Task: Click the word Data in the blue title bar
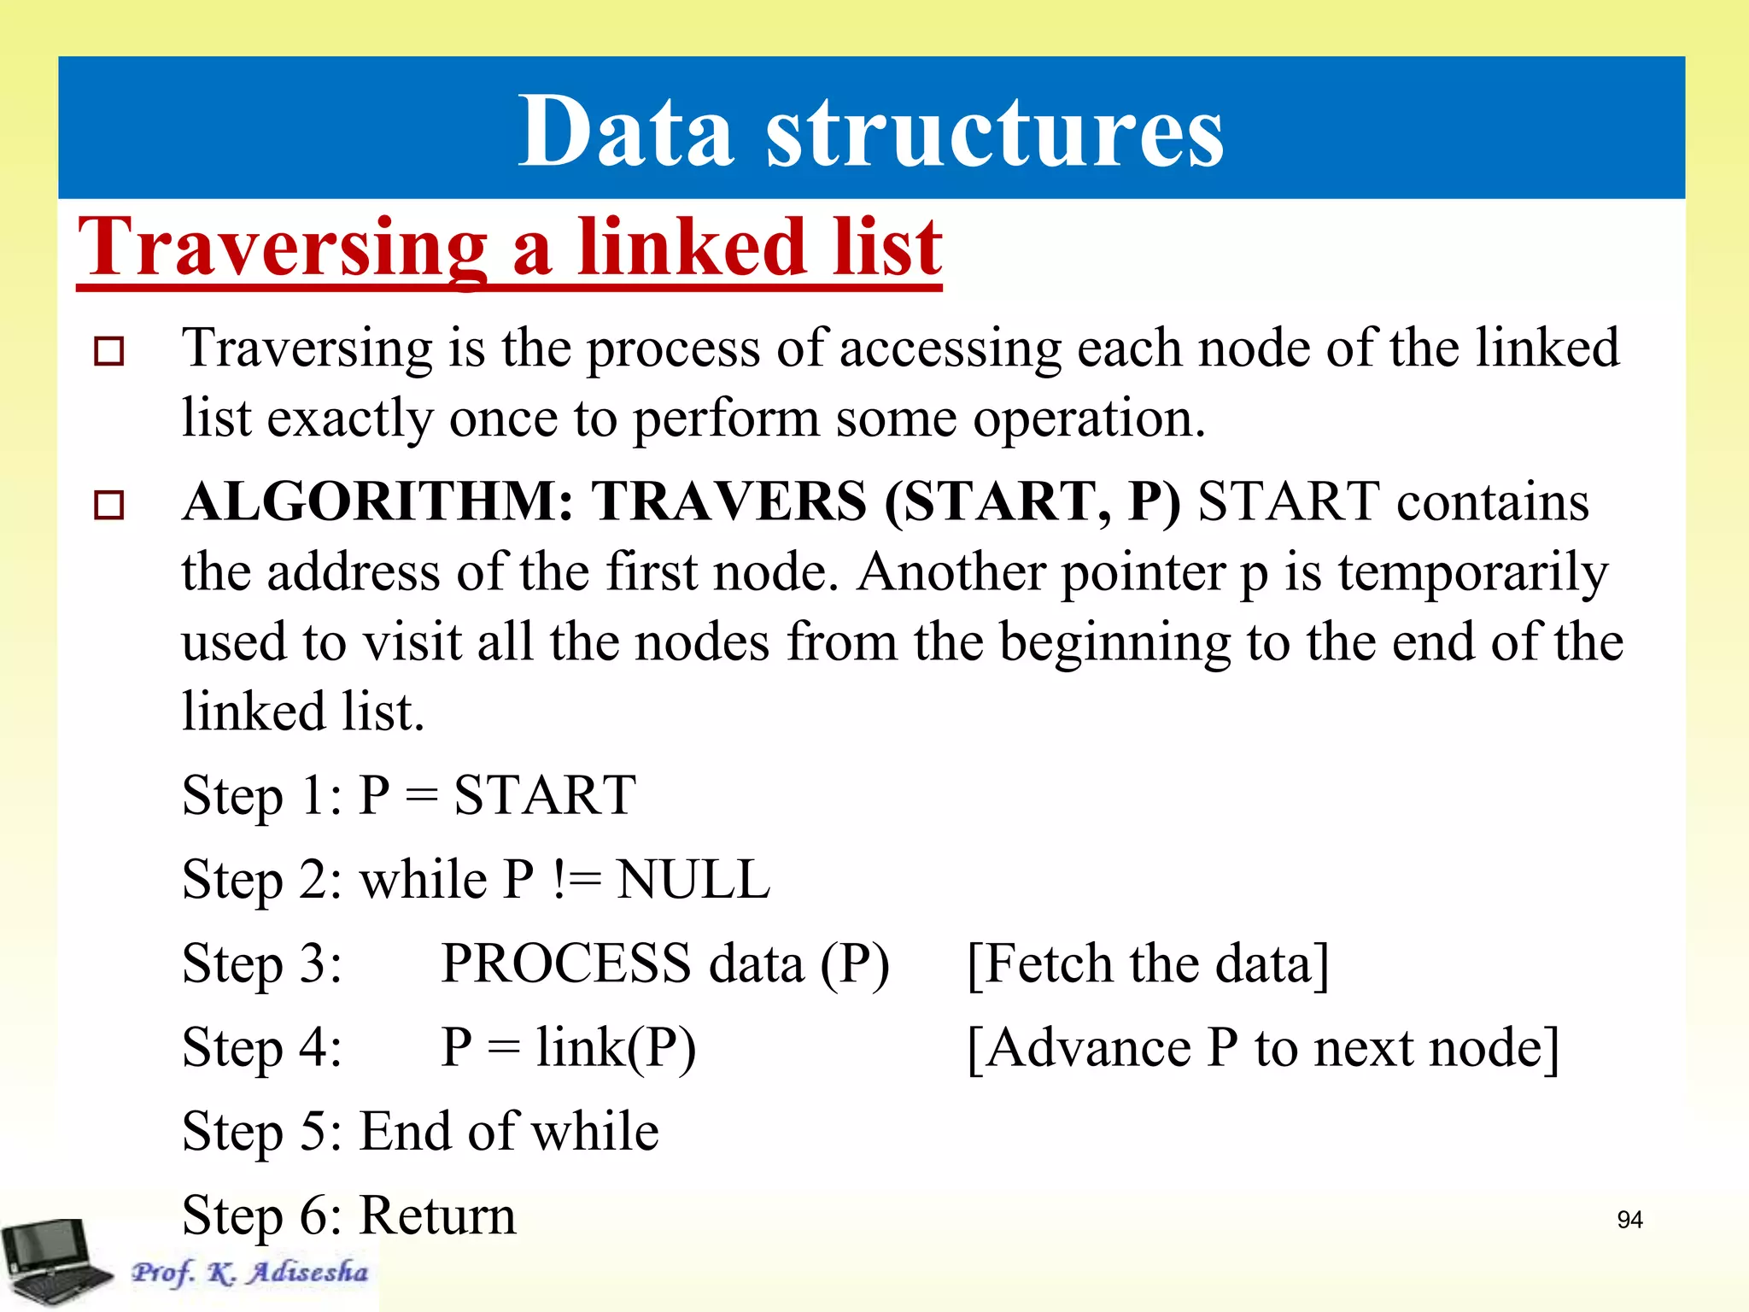pyautogui.click(x=626, y=132)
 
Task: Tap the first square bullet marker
pyautogui.click(x=108, y=351)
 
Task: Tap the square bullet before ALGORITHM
pyautogui.click(x=108, y=504)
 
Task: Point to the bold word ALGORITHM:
pyautogui.click(x=378, y=501)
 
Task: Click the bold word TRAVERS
pyautogui.click(x=730, y=501)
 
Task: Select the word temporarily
pyautogui.click(x=1472, y=572)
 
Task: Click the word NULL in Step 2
pyautogui.click(x=693, y=880)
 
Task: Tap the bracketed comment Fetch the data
pyautogui.click(x=1148, y=963)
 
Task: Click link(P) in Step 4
pyautogui.click(x=616, y=1048)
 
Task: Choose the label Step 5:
pyautogui.click(x=262, y=1132)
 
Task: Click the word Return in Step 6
pyautogui.click(x=437, y=1215)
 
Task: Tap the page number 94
pyautogui.click(x=1629, y=1220)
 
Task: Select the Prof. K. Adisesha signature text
pyautogui.click(x=249, y=1272)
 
